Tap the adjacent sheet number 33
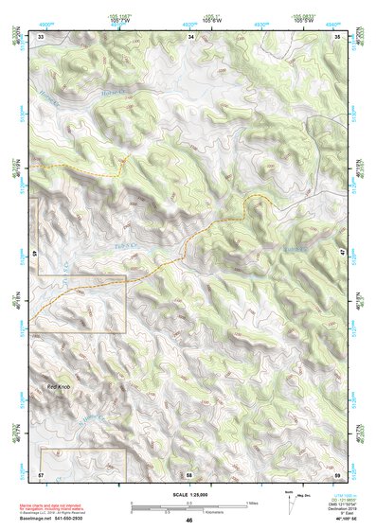click(41, 36)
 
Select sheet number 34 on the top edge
click(190, 36)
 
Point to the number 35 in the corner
click(338, 36)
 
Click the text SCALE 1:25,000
click(188, 493)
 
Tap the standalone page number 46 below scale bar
click(189, 522)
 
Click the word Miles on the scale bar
click(249, 503)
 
